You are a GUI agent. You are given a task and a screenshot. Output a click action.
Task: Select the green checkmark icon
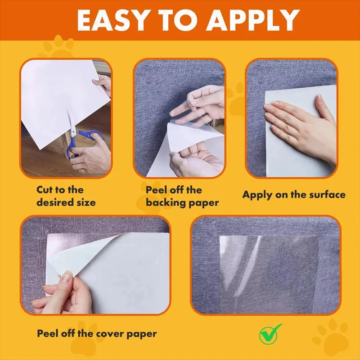(270, 333)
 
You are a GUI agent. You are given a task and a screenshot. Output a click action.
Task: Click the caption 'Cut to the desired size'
(66, 196)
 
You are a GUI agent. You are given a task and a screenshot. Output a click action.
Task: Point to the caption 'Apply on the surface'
(294, 195)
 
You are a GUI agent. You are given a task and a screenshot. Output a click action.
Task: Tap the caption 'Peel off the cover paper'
(97, 333)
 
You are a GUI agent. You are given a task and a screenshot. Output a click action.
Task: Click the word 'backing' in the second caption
(165, 202)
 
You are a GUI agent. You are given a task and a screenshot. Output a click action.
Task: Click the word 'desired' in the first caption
(53, 202)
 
